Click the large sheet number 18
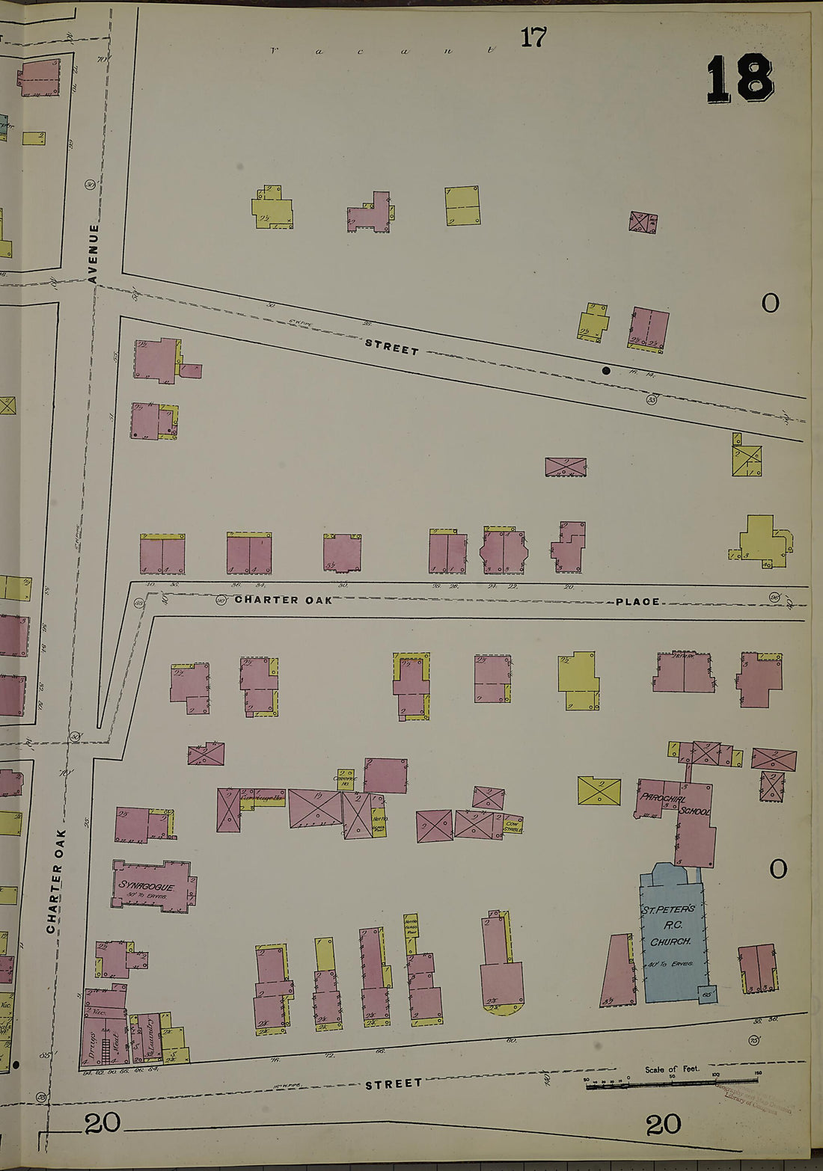tap(739, 79)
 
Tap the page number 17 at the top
tap(533, 37)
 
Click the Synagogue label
tap(147, 886)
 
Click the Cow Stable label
tap(513, 826)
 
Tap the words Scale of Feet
tap(672, 1069)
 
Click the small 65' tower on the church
tap(707, 995)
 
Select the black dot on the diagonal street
tap(606, 370)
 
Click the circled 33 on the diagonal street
tap(652, 400)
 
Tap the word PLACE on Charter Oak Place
tap(637, 601)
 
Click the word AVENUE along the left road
tap(94, 253)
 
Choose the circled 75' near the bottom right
tap(753, 1040)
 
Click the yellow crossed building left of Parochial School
tap(599, 791)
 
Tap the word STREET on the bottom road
tap(394, 1084)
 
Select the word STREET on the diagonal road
tap(391, 348)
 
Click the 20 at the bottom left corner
tap(102, 1123)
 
